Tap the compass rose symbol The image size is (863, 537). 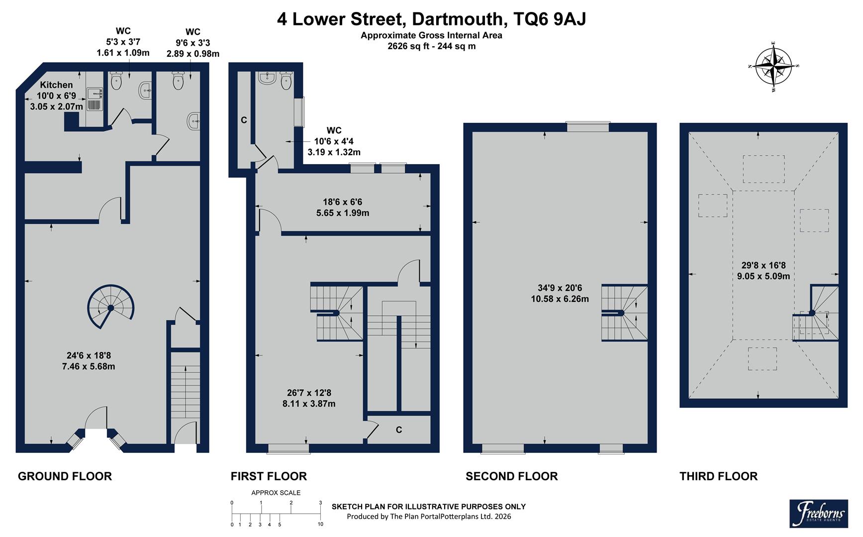point(773,67)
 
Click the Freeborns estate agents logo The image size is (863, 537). point(818,513)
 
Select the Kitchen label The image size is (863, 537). point(56,85)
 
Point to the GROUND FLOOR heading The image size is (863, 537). point(65,476)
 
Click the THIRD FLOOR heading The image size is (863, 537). point(718,476)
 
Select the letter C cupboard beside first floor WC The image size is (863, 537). point(244,120)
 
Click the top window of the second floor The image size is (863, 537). point(588,127)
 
